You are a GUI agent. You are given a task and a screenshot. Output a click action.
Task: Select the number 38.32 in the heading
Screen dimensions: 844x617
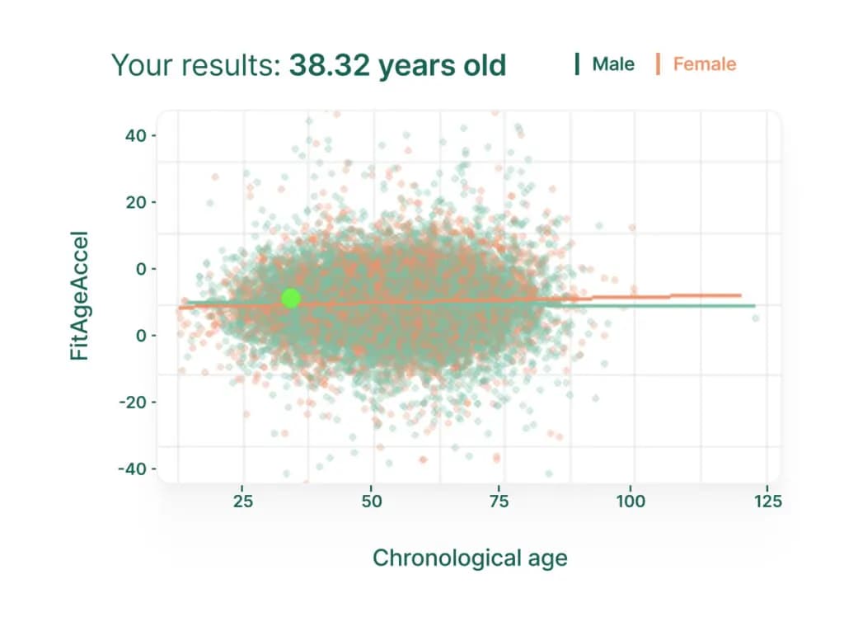pos(330,65)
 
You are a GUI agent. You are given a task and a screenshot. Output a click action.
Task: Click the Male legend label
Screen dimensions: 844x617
pos(613,64)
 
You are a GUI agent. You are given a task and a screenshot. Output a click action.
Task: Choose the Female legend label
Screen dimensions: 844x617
pos(704,64)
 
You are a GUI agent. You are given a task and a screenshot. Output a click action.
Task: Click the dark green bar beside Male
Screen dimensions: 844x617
pos(577,64)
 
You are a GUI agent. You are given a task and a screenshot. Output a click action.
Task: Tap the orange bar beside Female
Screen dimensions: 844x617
pos(658,64)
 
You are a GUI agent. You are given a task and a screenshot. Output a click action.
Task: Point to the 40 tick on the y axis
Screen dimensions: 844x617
pos(136,135)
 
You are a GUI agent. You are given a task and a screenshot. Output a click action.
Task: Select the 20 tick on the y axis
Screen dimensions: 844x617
pos(136,202)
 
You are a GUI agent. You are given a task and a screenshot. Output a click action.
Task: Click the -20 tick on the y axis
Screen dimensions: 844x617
pos(133,402)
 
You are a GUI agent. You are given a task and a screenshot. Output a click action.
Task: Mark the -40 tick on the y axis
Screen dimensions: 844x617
pos(133,469)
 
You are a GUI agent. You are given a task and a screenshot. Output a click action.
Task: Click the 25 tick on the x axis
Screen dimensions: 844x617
pos(243,502)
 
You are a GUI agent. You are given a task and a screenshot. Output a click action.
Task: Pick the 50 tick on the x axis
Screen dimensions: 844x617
pos(372,502)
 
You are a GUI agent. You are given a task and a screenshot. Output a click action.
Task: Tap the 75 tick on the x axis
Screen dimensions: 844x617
pos(499,502)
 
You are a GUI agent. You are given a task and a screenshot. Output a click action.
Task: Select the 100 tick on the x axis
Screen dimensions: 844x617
pos(631,502)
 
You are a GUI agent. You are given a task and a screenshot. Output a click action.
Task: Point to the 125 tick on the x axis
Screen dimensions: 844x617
pos(768,502)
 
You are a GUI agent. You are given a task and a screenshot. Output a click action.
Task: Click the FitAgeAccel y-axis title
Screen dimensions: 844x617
pos(79,295)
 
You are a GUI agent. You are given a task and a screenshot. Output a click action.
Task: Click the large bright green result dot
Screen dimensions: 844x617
pos(291,298)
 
